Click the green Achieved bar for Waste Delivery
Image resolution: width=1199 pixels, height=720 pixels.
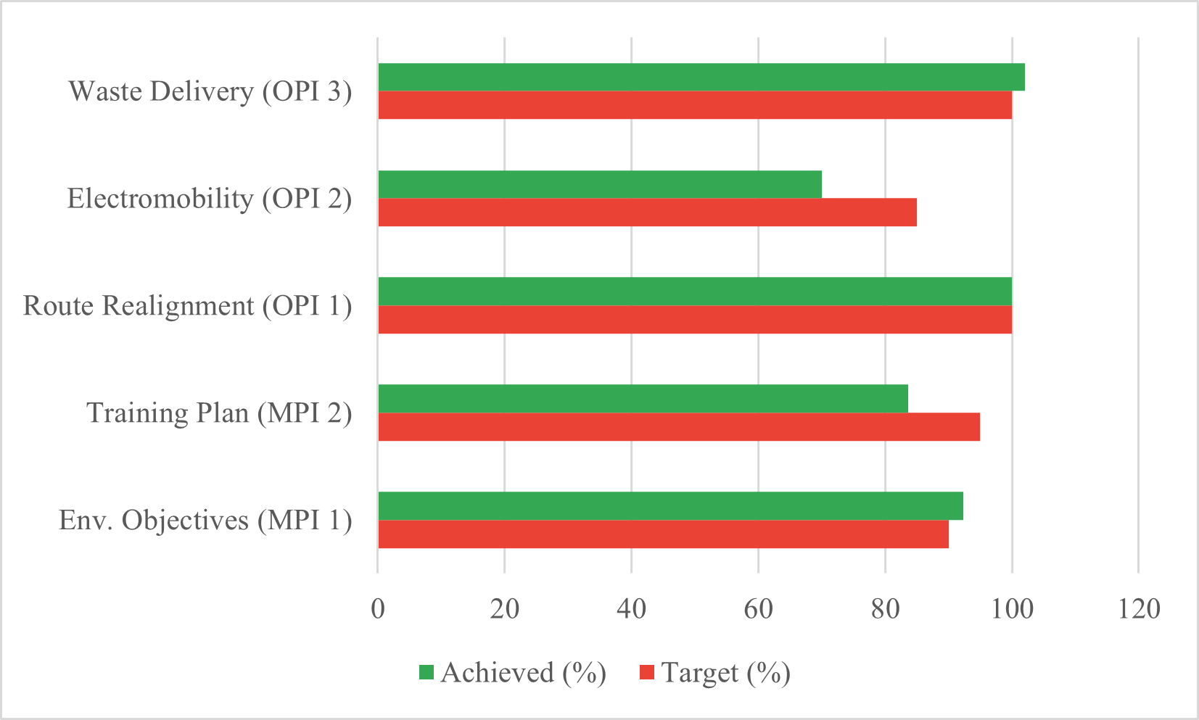click(701, 77)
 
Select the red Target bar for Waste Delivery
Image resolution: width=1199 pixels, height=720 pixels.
click(694, 105)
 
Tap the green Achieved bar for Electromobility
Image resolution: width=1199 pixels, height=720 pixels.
click(599, 184)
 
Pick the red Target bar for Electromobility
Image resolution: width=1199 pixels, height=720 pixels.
click(647, 212)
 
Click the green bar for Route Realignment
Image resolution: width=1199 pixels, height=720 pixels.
click(694, 291)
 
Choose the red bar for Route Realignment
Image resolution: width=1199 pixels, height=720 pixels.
click(694, 320)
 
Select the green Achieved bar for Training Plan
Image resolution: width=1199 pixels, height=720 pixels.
click(643, 399)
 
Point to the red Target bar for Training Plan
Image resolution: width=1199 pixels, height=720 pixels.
click(678, 427)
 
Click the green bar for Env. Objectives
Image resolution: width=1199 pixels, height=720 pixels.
click(670, 506)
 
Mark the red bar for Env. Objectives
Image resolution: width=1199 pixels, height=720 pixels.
click(663, 534)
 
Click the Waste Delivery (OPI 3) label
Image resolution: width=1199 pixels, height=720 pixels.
click(210, 91)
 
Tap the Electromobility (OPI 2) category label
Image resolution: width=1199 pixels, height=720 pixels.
click(209, 198)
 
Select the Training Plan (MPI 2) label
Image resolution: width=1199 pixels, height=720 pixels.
click(219, 413)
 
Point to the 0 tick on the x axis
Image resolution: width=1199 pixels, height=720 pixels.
click(378, 608)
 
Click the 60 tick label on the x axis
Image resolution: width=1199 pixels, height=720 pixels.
click(758, 608)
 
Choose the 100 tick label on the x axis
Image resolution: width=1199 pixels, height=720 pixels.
click(1012, 608)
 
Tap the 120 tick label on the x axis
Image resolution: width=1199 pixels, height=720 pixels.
click(1139, 608)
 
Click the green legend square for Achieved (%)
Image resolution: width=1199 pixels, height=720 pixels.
click(427, 672)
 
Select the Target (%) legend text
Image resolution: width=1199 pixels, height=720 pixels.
click(725, 673)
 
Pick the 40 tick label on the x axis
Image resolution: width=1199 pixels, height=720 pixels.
click(631, 608)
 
